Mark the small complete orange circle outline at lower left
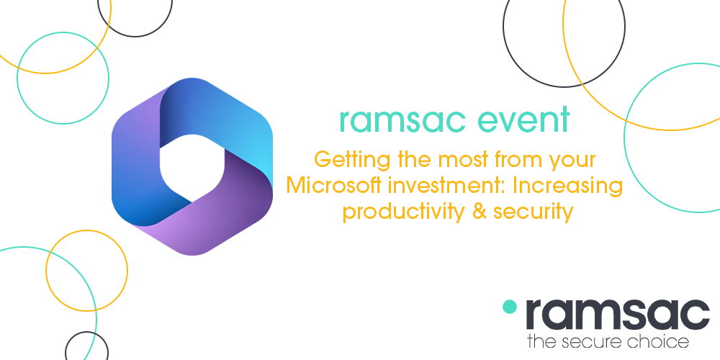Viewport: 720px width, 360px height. coord(86,271)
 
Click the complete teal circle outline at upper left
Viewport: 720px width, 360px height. coord(63,78)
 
